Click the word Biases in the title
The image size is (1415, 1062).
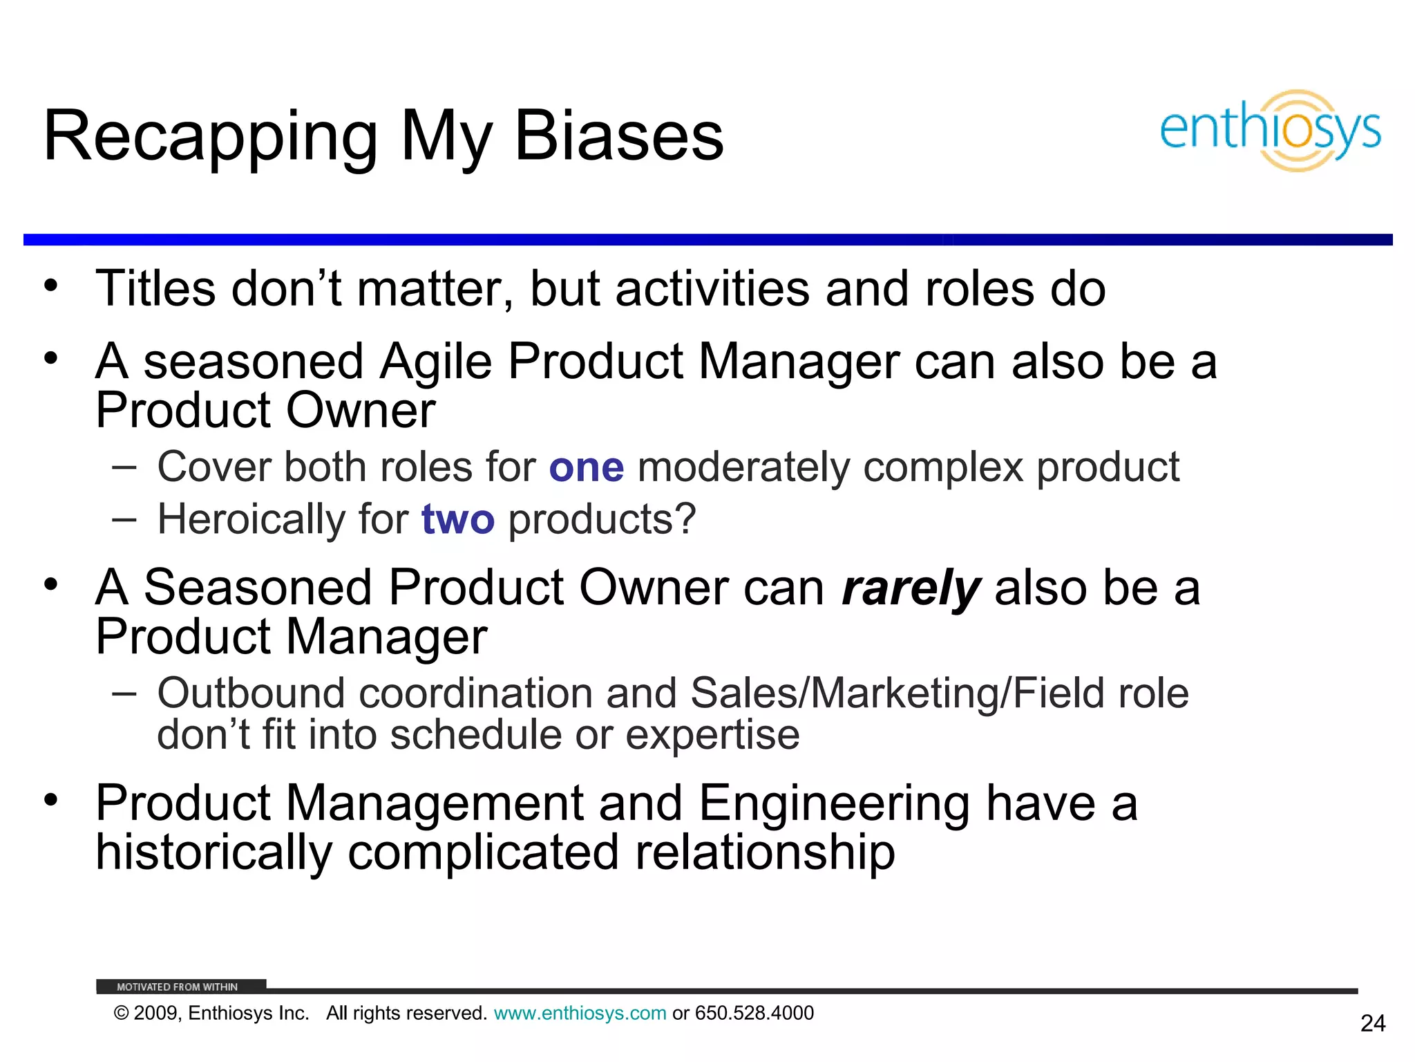click(618, 136)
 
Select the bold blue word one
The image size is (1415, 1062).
click(587, 467)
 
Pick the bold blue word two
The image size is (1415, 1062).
click(458, 519)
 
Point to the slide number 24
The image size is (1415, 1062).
click(1372, 1023)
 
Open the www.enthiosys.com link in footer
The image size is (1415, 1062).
click(580, 1014)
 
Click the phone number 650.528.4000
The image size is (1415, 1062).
click(754, 1014)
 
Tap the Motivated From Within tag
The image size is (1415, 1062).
click(178, 987)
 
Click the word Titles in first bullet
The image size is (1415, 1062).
click(155, 288)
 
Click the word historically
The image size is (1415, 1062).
click(214, 853)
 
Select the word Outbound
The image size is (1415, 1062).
click(251, 693)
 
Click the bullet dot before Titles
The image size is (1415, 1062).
click(50, 286)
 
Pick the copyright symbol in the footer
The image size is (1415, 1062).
click(122, 1014)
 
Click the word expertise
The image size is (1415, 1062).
click(712, 735)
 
